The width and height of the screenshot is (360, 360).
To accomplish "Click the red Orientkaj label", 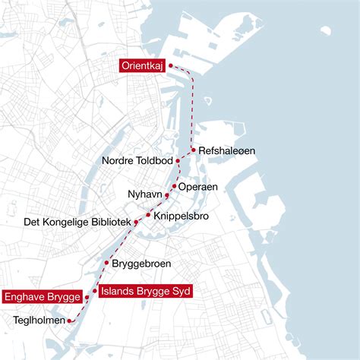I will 142,66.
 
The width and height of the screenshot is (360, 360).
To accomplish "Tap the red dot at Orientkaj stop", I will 170,65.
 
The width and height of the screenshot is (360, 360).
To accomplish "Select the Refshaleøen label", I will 226,151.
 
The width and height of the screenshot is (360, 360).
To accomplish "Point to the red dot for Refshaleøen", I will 194,150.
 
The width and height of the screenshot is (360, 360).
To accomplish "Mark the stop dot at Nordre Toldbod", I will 177,161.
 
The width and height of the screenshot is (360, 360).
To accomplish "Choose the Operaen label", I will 198,186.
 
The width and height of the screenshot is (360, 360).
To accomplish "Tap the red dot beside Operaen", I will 175,186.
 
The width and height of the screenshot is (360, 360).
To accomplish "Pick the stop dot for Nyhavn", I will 167,196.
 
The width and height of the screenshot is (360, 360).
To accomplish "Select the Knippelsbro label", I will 181,216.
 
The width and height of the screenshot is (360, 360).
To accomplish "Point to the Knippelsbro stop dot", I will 148,215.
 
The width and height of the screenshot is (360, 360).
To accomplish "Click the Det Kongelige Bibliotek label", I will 72,223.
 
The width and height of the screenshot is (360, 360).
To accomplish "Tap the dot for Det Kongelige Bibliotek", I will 136,222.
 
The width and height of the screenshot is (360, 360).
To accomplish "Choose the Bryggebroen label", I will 141,264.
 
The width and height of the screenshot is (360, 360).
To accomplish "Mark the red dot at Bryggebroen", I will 106,263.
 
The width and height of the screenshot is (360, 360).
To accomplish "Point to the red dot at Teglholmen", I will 70,321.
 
